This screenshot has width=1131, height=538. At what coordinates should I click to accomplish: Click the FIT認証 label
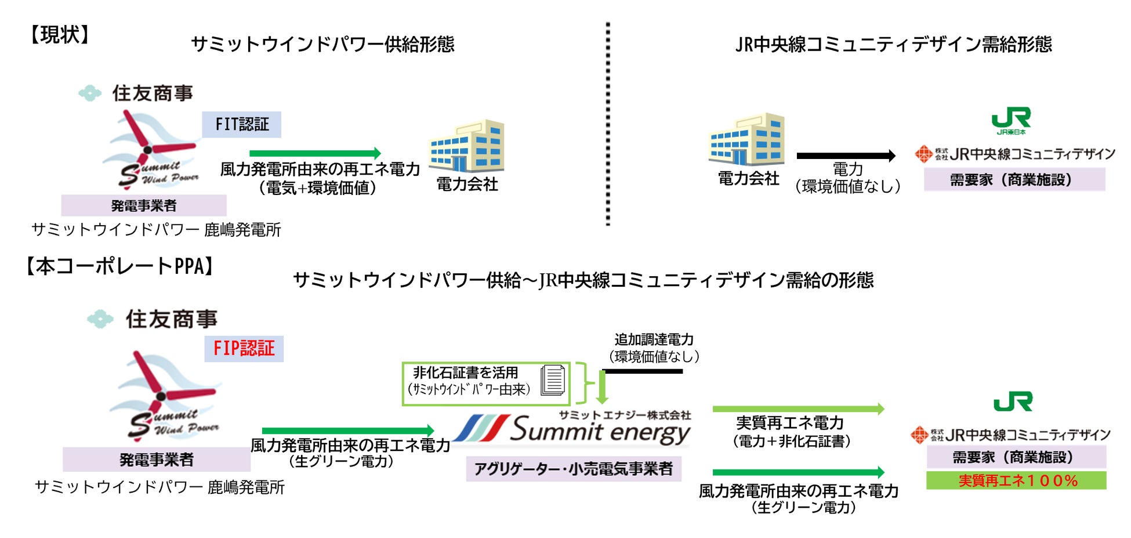[241, 124]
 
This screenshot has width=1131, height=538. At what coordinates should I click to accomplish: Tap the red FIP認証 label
[244, 349]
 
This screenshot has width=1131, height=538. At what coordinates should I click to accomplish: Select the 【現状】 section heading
[60, 35]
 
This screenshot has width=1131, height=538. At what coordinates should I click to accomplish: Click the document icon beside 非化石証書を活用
[553, 381]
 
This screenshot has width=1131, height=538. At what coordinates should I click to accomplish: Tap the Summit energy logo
[571, 430]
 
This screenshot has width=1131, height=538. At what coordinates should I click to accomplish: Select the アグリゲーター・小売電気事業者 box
[573, 469]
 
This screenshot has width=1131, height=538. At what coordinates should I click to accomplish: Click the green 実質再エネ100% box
[1016, 481]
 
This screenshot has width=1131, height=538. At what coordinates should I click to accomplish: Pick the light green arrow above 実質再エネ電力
[798, 409]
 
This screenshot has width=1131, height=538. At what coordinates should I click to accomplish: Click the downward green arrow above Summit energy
[602, 387]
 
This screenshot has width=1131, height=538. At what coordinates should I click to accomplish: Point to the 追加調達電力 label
[654, 340]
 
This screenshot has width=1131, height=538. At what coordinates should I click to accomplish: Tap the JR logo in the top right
[1011, 120]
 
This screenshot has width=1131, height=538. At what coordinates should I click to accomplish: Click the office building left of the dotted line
[467, 146]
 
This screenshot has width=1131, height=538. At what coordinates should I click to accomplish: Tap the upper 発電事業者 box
[144, 205]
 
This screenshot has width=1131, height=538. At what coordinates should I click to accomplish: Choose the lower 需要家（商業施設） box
[1016, 457]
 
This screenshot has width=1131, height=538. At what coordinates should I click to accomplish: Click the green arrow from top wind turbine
[315, 153]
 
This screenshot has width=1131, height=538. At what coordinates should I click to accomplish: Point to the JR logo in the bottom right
[1013, 402]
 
